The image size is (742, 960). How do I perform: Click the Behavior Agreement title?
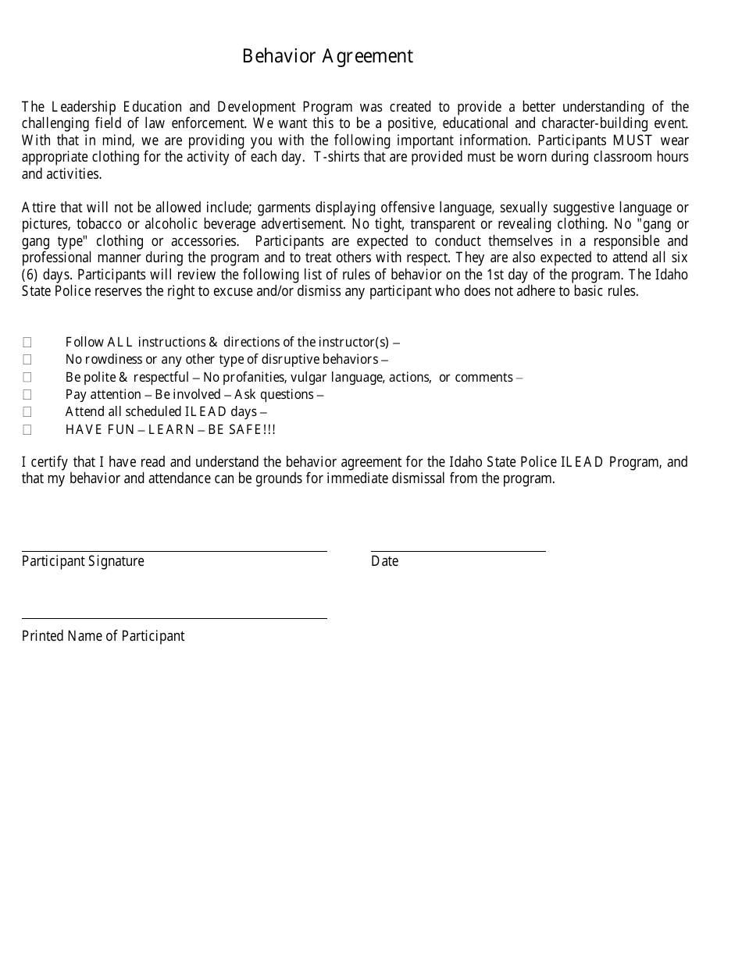(x=327, y=56)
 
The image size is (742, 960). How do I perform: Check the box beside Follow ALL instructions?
(x=27, y=342)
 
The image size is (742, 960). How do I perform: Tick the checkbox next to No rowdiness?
(x=27, y=359)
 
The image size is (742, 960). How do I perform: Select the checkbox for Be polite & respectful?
(x=27, y=377)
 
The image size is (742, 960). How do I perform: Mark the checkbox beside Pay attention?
(x=27, y=394)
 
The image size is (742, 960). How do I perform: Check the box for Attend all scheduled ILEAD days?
(x=27, y=411)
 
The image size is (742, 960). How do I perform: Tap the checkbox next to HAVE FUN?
(x=27, y=429)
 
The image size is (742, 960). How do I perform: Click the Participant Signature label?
(x=83, y=561)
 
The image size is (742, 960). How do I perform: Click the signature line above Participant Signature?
(x=174, y=551)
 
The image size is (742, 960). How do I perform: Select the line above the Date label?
(x=458, y=551)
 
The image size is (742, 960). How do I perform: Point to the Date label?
(x=384, y=561)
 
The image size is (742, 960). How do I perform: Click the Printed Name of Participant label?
(x=103, y=636)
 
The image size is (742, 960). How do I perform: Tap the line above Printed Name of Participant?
(x=174, y=618)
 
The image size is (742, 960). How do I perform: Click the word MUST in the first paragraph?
(x=632, y=140)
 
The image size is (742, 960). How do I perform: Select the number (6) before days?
(x=30, y=275)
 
